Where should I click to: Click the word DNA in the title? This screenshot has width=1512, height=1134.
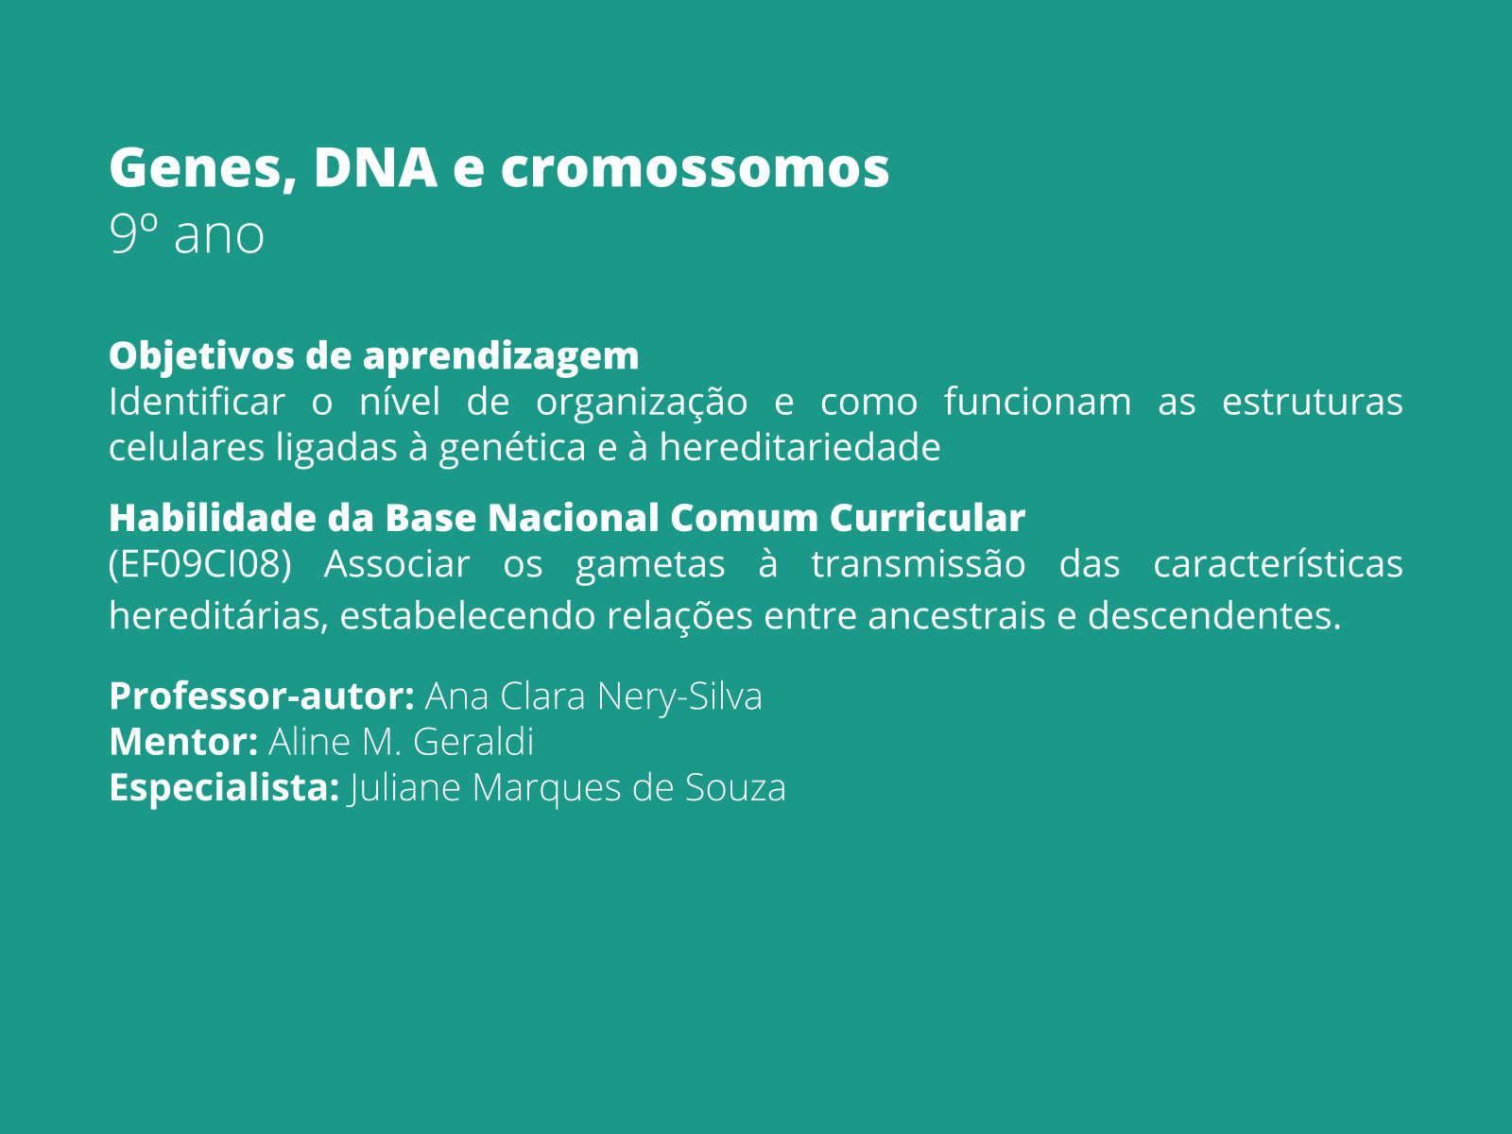tap(375, 167)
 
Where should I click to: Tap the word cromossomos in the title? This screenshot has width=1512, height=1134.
tap(695, 167)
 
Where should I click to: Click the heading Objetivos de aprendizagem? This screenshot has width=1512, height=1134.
tap(373, 356)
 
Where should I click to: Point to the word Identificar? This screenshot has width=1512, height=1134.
tap(196, 402)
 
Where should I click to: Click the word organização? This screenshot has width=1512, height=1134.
tap(642, 402)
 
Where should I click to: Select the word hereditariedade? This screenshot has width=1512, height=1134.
tap(799, 447)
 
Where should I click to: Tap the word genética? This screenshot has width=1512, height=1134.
tap(513, 447)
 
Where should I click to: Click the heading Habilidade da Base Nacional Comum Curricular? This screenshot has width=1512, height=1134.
tap(566, 518)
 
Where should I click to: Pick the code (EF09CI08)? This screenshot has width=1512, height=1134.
tap(199, 564)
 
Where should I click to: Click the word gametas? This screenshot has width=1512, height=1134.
tap(650, 564)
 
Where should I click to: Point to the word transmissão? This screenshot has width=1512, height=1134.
tap(918, 564)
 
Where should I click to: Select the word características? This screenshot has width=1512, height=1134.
tap(1278, 564)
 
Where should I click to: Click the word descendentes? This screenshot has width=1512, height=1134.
tap(1213, 616)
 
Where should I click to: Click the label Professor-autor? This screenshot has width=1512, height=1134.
tap(262, 696)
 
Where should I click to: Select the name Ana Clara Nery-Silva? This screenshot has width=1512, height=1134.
tap(593, 696)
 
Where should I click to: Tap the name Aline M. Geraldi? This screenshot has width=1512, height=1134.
tap(401, 742)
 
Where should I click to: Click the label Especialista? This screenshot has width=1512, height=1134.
tap(224, 787)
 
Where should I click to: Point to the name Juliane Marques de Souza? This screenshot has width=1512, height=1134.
tap(567, 787)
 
